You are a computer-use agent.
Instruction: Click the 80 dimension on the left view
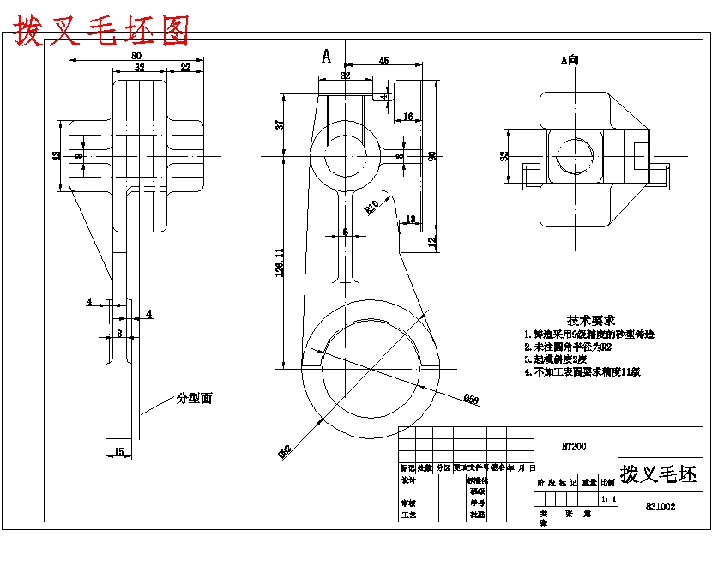coord(136,56)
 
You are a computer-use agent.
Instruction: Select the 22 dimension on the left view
coord(185,68)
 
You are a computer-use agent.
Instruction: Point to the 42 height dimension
coord(57,156)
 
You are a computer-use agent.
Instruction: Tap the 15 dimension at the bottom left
coord(118,450)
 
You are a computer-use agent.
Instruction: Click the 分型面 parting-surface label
coord(194,399)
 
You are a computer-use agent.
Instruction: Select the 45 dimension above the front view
coord(383,61)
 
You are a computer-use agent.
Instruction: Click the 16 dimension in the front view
coord(407,116)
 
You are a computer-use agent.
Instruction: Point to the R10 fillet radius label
coord(371,206)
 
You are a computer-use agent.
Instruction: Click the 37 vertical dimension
coord(279,124)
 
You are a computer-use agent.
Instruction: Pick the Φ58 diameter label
coord(470,398)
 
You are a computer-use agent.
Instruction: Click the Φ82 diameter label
coord(284,451)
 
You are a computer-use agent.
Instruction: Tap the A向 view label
coord(570,60)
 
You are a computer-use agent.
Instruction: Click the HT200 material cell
coord(573,446)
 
